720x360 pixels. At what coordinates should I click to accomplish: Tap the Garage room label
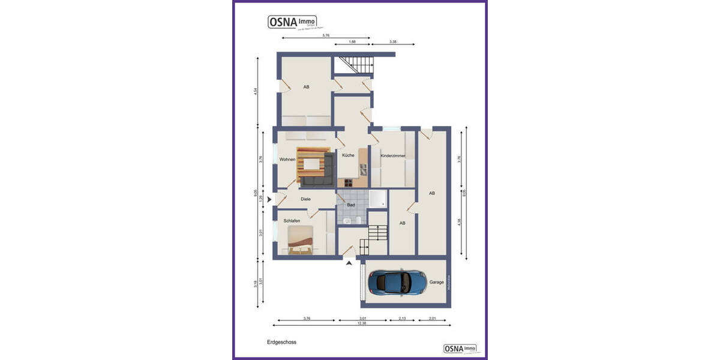(x=436, y=282)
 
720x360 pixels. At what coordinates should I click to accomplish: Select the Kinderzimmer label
(x=393, y=156)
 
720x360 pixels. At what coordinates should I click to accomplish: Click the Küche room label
(x=348, y=155)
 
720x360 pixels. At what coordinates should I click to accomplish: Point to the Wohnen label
(x=287, y=159)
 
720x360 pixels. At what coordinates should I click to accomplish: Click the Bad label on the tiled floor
(x=351, y=205)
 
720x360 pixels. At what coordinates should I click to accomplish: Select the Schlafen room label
(x=292, y=221)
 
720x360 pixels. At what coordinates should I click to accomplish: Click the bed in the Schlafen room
(x=301, y=241)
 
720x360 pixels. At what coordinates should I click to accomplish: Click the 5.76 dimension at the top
(x=326, y=35)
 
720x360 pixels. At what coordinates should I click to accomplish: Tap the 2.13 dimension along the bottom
(x=402, y=319)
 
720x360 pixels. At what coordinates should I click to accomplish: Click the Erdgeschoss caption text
(x=281, y=342)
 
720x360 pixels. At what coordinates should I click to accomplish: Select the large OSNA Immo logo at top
(x=293, y=22)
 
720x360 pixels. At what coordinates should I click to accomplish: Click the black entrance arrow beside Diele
(x=269, y=199)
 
